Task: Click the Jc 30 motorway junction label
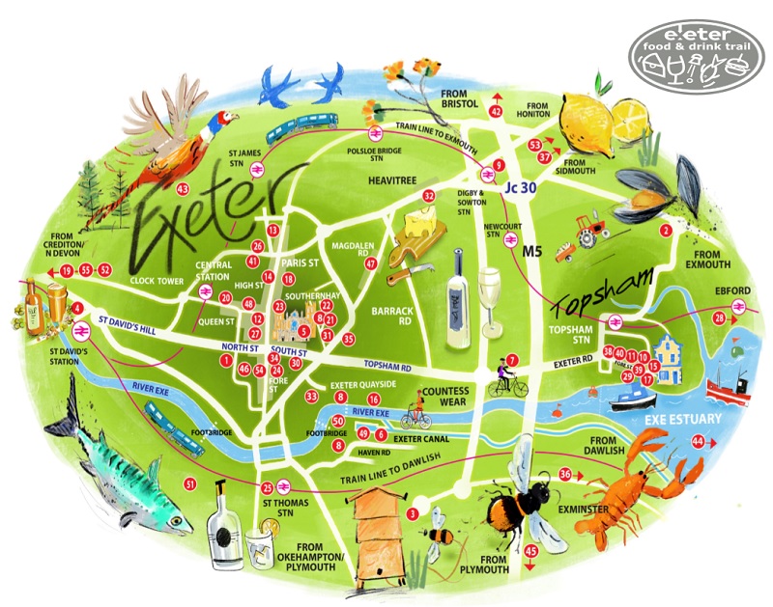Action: click(519, 189)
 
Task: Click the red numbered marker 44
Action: click(697, 441)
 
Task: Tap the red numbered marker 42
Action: click(497, 112)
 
